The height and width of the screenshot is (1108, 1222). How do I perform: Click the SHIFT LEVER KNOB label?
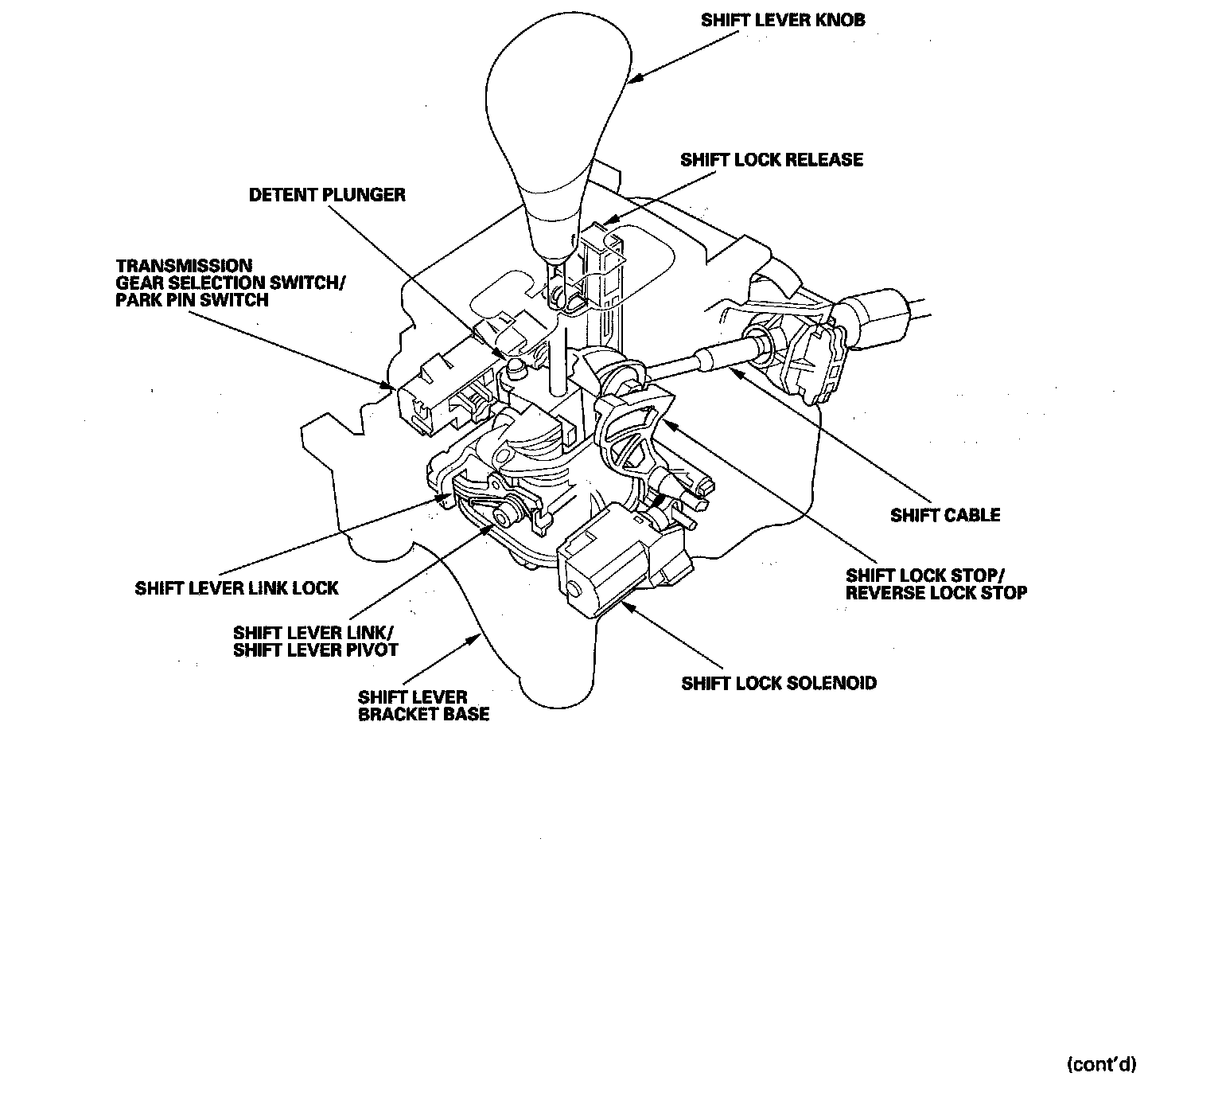782,20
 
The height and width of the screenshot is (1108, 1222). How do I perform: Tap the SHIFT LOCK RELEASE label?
771,160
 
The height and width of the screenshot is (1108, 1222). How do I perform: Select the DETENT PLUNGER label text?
327,195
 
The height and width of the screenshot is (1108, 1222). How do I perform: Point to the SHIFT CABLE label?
945,515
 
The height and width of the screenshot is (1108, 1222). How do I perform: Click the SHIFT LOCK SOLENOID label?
779,683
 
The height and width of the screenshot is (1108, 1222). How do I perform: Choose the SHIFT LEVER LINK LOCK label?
236,588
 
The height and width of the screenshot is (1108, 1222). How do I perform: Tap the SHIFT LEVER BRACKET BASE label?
423,705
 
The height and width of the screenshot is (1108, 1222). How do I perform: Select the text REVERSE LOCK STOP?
936,593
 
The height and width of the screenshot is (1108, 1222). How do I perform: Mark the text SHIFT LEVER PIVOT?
315,650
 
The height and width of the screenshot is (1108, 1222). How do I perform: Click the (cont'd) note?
1101,1064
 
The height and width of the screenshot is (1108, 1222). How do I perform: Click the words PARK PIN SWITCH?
192,301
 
